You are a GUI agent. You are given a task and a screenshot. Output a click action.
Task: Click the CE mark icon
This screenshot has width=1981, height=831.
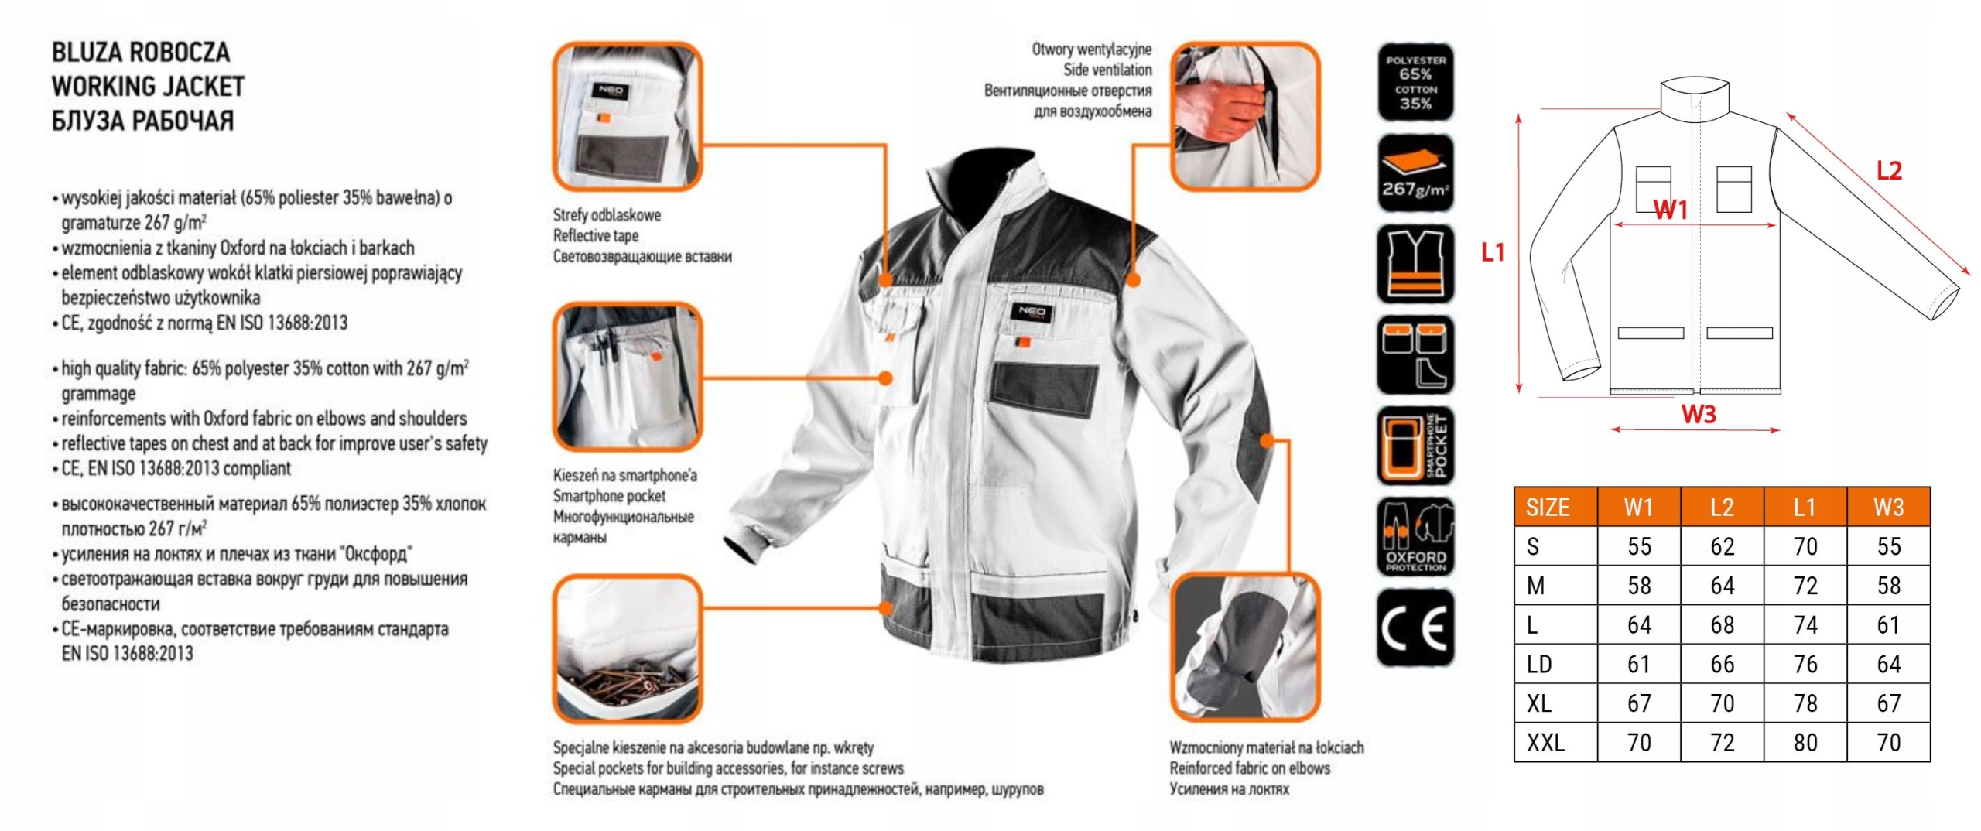1415,628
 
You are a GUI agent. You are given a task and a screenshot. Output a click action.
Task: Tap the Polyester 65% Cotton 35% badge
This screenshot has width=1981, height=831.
1415,82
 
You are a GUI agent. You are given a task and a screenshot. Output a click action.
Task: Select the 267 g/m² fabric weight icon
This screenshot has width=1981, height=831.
1415,173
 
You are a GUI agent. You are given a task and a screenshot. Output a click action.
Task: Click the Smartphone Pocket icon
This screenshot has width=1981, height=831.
1415,446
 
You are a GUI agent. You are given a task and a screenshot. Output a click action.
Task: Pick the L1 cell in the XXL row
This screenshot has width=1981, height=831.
1805,743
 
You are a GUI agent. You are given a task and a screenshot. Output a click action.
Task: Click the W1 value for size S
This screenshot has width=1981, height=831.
1639,547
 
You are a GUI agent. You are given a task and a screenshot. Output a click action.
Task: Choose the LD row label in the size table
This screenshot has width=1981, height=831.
1539,664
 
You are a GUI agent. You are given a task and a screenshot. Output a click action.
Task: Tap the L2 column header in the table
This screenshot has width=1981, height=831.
1722,508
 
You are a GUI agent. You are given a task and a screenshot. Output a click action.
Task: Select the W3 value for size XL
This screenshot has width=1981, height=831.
1888,703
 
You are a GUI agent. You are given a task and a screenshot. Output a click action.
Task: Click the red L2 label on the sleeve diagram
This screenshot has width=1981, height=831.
1889,171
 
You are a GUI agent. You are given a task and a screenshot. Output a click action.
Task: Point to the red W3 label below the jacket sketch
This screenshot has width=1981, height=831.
1699,415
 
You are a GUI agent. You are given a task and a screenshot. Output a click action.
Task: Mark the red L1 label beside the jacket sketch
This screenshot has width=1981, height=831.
1493,252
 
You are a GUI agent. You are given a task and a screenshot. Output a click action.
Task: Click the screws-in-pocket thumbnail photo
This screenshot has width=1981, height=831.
627,650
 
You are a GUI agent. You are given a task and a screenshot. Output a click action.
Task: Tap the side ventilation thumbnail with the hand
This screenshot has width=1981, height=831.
1244,116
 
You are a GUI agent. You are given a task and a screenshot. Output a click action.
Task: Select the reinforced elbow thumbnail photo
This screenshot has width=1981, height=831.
1244,648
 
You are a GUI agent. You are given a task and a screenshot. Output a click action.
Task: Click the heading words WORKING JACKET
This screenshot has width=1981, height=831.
148,87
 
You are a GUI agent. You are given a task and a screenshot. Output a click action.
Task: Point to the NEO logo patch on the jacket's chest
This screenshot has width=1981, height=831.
1032,313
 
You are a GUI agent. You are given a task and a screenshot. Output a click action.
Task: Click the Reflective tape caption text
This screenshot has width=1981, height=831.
595,236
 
